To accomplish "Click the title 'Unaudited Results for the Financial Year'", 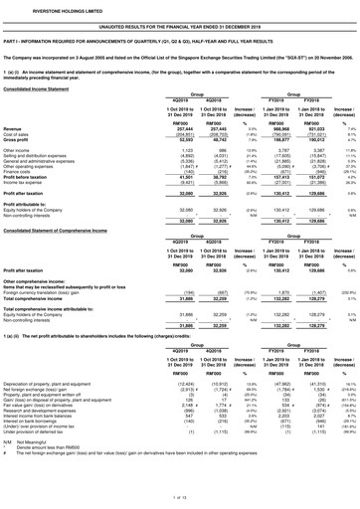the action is point(180,20).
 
